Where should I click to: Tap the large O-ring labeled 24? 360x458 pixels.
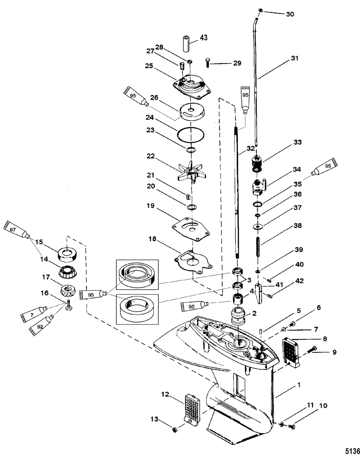191,135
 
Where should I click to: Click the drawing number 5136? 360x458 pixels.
352,451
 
